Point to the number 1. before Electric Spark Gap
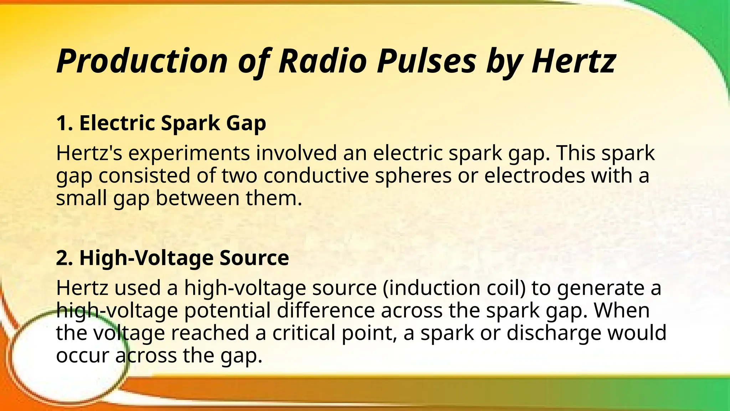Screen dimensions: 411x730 65,123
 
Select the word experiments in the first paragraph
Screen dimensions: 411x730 189,154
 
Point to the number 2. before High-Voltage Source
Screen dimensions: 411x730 65,258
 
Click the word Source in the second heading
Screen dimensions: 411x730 254,258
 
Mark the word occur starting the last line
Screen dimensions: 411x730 82,356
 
